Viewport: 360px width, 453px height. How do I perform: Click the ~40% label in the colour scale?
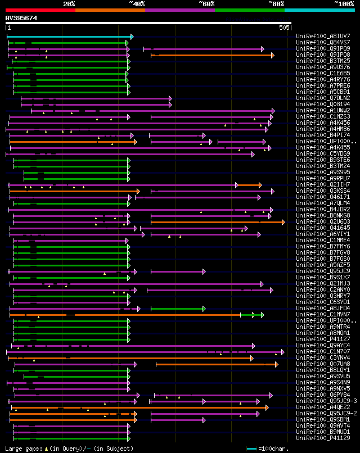(x=137, y=3)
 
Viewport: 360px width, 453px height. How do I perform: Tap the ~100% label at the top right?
(x=343, y=3)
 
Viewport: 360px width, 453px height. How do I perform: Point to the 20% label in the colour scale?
(x=69, y=3)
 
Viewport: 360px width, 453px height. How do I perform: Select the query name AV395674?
(x=21, y=18)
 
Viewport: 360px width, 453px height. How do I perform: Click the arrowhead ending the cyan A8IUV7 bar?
(x=132, y=37)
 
